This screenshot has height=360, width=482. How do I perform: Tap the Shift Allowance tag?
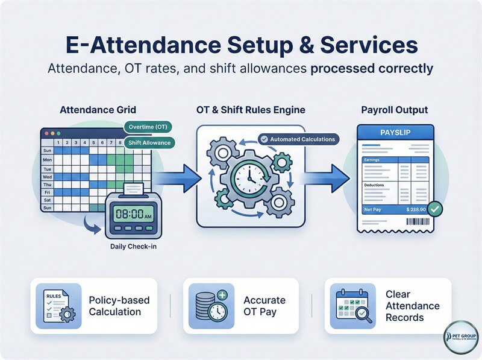tap(148, 143)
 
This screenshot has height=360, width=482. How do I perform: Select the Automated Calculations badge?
tap(297, 139)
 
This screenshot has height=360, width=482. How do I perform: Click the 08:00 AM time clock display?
tap(133, 214)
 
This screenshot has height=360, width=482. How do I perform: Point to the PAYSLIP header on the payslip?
tap(395, 132)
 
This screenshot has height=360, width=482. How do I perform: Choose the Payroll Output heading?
tap(395, 110)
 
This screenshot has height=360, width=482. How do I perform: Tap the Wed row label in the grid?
tap(47, 178)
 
